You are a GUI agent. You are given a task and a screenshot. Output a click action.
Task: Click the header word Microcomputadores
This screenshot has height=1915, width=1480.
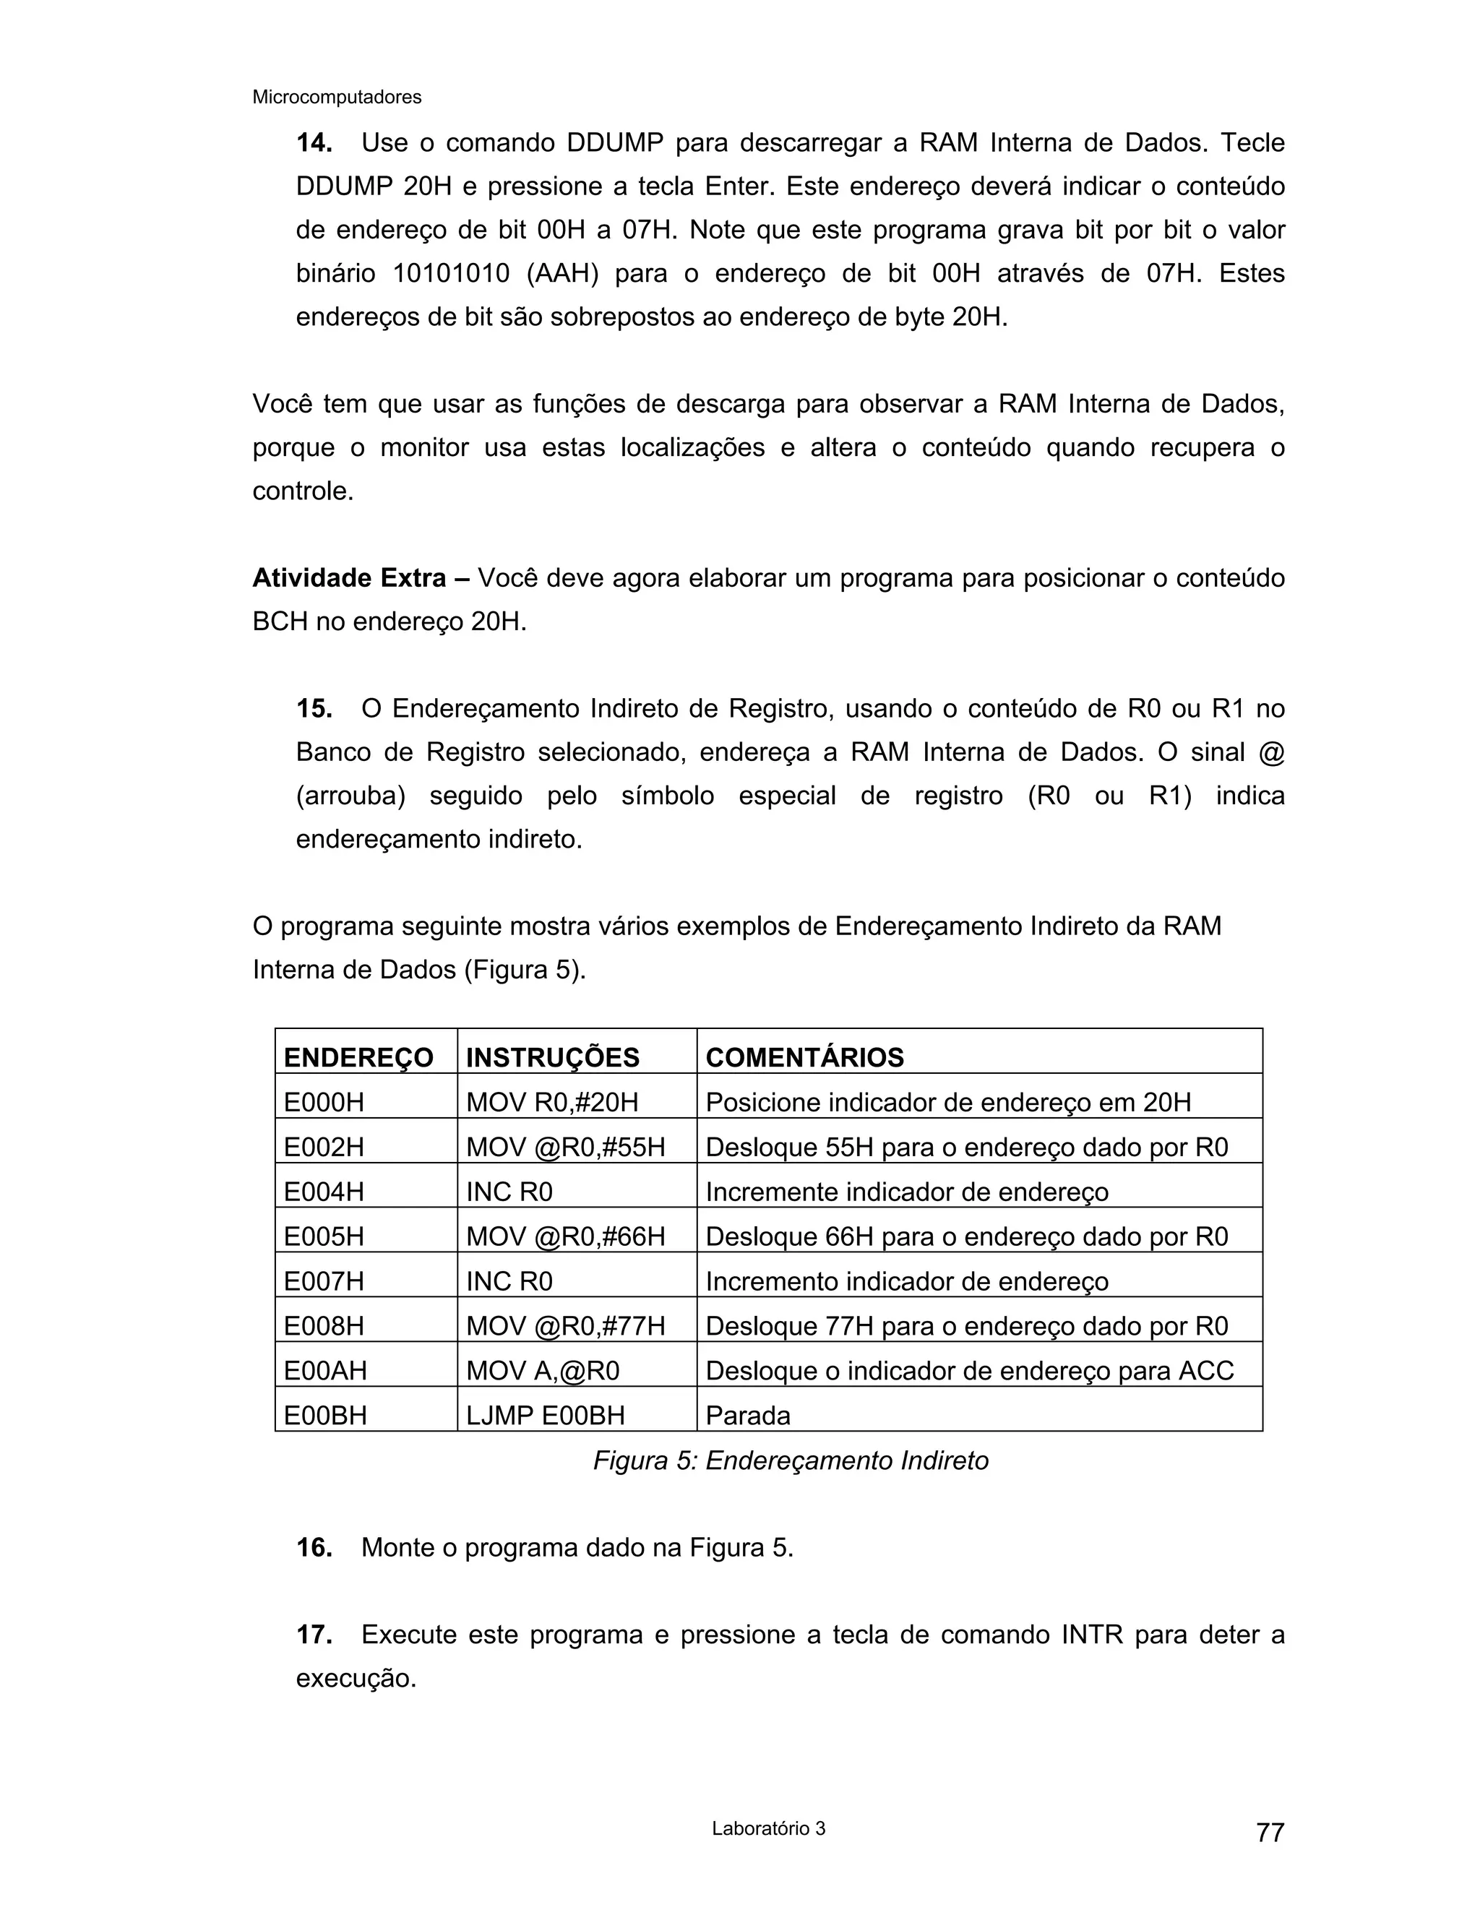click(x=337, y=98)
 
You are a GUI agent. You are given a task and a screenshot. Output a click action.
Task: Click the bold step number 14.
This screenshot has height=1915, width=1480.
click(x=314, y=143)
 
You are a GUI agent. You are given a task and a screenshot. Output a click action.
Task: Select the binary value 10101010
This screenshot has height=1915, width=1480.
click(x=451, y=274)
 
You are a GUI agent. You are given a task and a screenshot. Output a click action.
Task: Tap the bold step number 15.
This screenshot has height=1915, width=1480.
click(x=314, y=708)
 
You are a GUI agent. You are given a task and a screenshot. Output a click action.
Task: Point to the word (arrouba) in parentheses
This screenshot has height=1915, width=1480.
click(x=350, y=796)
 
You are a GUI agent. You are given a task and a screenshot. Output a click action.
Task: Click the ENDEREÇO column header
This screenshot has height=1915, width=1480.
click(x=358, y=1057)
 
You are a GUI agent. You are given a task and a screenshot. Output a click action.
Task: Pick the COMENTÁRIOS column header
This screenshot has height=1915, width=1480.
click(x=804, y=1057)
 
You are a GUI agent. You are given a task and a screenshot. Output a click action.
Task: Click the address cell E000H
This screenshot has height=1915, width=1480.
click(x=324, y=1102)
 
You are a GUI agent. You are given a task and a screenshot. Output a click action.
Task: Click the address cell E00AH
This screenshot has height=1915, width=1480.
click(x=325, y=1370)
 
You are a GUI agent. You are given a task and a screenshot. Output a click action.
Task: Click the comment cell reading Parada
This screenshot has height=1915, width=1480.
click(x=747, y=1415)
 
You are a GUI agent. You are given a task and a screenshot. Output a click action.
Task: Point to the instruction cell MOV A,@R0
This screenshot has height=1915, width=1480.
click(x=542, y=1370)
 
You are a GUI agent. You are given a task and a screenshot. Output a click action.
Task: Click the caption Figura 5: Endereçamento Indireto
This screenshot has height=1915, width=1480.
click(x=790, y=1460)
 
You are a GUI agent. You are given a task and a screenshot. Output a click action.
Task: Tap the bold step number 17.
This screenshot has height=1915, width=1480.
click(x=314, y=1635)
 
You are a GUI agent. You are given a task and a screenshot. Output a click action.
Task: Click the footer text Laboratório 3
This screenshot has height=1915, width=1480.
click(x=768, y=1829)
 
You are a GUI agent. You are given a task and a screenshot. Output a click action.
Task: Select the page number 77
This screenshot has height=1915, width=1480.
click(x=1270, y=1833)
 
